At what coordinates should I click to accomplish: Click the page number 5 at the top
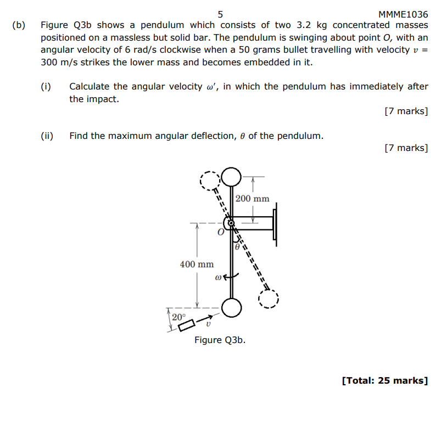[220, 14]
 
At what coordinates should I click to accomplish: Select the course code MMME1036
[403, 14]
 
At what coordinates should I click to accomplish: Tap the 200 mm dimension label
[252, 198]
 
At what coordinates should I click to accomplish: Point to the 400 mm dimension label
[197, 264]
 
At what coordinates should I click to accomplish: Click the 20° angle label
[178, 317]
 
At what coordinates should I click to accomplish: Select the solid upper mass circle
[232, 177]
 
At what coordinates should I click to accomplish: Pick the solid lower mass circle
[232, 308]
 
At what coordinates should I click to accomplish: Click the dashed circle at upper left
[209, 180]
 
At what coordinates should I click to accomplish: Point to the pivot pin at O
[231, 223]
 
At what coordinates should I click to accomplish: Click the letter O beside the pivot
[220, 233]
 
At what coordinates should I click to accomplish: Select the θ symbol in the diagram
[237, 247]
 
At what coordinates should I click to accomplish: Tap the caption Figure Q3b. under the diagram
[220, 340]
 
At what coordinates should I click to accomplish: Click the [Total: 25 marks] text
[384, 380]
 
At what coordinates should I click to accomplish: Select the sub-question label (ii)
[47, 136]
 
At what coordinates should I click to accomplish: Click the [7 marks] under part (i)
[406, 111]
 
